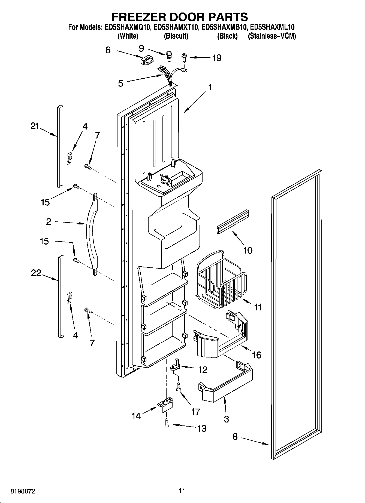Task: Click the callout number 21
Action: [x=35, y=126]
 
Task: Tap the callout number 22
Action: [x=36, y=273]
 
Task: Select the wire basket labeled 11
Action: [x=221, y=280]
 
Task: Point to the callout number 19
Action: [x=217, y=58]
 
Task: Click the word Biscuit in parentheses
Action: [x=176, y=36]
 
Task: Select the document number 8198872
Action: [x=23, y=491]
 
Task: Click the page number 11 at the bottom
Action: [x=182, y=491]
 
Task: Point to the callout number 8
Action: [x=235, y=437]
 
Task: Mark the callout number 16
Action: [x=257, y=355]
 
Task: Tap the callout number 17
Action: [x=195, y=412]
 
